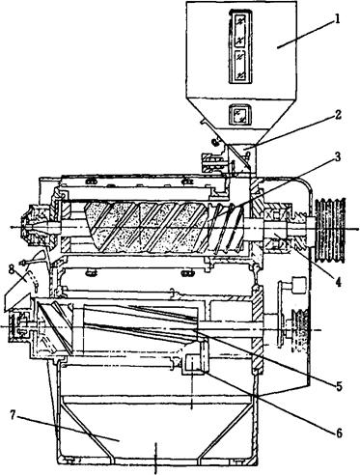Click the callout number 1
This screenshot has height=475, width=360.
coord(336,18)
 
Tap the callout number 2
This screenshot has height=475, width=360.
coord(337,114)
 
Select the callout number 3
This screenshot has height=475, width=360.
coord(337,157)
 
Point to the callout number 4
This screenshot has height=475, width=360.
coord(338,282)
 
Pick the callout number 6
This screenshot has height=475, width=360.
coord(339,433)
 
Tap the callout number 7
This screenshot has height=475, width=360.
coord(13,415)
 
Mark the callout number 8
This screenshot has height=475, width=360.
coord(12,269)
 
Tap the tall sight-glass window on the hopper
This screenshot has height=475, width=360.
coord(240,46)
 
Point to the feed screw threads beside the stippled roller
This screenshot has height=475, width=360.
coord(226,228)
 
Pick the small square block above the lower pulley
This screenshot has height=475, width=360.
coord(297,285)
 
